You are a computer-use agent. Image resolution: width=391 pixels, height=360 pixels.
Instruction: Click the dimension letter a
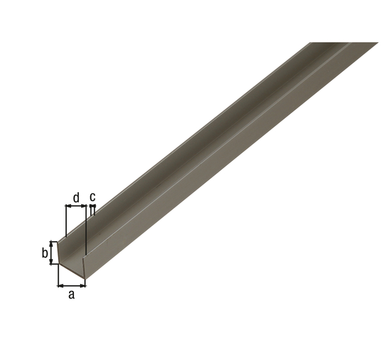point(71,295)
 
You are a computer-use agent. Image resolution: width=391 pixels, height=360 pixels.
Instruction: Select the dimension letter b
point(45,253)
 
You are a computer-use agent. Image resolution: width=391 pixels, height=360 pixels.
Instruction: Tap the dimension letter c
point(92,197)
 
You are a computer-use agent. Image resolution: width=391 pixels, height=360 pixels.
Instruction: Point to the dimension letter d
point(76,198)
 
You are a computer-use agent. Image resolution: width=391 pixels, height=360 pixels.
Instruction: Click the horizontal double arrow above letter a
point(72,286)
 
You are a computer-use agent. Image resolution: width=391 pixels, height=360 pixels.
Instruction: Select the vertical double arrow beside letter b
point(51,253)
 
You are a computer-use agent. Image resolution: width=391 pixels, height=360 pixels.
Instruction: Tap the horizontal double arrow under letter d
point(76,206)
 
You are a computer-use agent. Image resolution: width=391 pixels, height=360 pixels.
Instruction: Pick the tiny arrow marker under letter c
point(92,206)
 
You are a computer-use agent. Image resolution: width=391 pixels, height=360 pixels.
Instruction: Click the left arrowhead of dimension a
point(60,286)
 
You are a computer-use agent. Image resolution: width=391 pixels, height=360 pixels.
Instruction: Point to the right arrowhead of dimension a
point(83,286)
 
